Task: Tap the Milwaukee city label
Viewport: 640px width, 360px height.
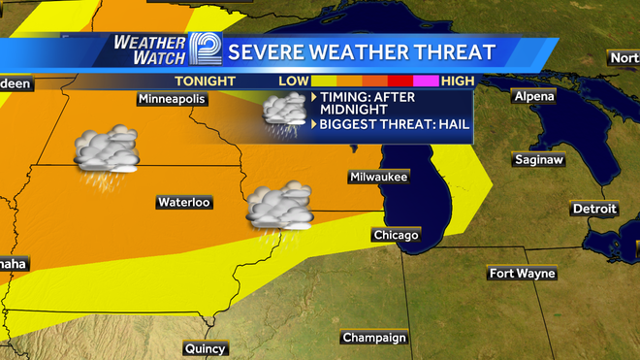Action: (x=379, y=177)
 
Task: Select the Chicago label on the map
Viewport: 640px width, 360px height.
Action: (x=396, y=235)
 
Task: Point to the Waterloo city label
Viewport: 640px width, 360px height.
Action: (x=183, y=203)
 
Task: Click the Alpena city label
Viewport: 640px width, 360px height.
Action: (x=534, y=96)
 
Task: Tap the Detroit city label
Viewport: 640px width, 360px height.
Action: (x=594, y=209)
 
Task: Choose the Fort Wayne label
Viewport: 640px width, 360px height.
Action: (x=522, y=273)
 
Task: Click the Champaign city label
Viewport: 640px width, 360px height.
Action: (x=372, y=338)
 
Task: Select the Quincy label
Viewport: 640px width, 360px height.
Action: (x=205, y=348)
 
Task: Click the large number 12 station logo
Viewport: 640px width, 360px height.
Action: (x=206, y=50)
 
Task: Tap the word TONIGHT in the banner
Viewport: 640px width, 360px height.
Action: (x=206, y=81)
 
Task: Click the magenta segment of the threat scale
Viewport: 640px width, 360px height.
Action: (x=427, y=81)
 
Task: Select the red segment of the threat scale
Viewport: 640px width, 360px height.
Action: (x=400, y=81)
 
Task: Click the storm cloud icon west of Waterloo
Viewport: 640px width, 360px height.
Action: (x=107, y=152)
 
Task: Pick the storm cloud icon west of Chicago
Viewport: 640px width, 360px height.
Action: (x=278, y=207)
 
